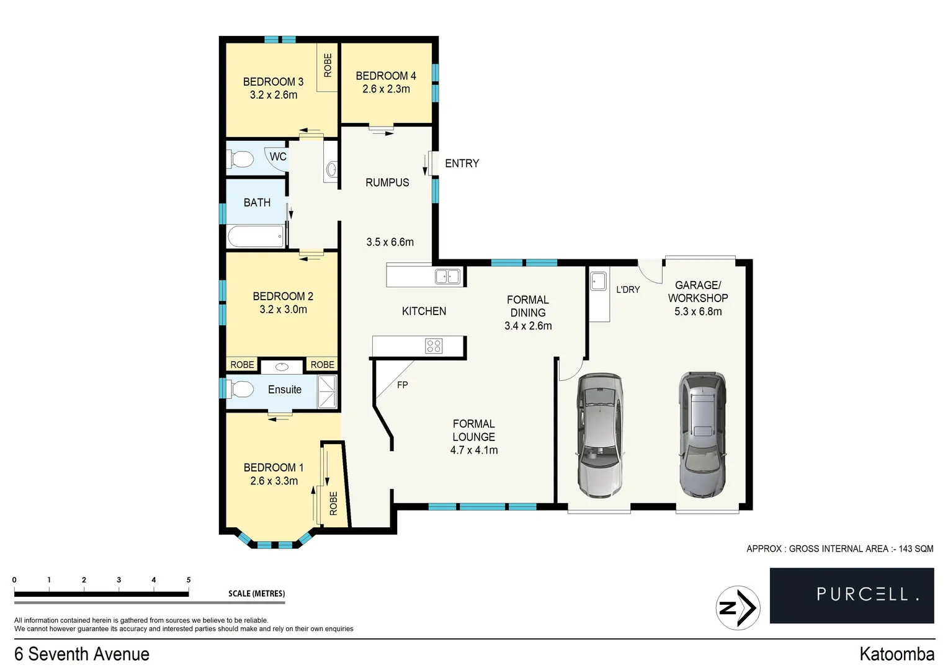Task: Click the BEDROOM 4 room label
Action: [x=385, y=76]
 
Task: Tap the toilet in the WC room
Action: [x=241, y=160]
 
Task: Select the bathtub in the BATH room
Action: [x=255, y=236]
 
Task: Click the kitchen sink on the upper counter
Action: [x=447, y=276]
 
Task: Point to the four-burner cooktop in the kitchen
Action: [x=434, y=346]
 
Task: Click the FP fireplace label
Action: [x=402, y=385]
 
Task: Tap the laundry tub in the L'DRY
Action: [x=598, y=282]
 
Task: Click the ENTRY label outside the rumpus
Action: [x=462, y=164]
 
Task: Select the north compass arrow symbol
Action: [x=738, y=608]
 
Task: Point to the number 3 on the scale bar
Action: [x=118, y=580]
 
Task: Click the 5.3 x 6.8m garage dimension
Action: [x=697, y=312]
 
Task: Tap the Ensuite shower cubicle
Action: [x=327, y=391]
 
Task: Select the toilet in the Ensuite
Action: [x=242, y=390]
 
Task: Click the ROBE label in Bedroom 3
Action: [x=328, y=66]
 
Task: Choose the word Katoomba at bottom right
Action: [x=897, y=654]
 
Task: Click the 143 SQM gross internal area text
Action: [x=916, y=549]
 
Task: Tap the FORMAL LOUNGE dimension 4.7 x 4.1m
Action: [x=473, y=450]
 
